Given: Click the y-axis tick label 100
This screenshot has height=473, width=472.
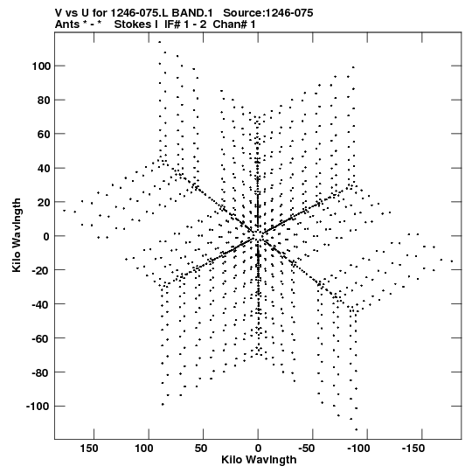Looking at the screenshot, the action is coord(41,66).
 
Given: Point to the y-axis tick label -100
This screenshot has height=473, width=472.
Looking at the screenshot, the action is coord(38,407).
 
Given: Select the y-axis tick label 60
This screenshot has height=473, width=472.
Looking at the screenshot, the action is coord(44,134).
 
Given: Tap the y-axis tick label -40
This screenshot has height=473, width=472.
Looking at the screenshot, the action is coord(41,304).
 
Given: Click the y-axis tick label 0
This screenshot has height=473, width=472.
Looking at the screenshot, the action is coord(46,236).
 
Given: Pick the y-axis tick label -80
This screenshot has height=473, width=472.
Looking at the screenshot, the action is coord(41,372).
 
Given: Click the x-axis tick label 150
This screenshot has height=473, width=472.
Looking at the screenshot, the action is coord(89,449).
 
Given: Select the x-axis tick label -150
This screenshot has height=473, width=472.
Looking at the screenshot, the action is coord(413,449).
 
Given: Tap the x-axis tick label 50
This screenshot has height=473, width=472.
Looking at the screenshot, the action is coord(201,449).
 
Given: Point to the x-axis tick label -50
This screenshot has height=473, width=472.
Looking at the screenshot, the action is coord(307,449).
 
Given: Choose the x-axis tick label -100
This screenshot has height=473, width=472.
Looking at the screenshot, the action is coord(358,449).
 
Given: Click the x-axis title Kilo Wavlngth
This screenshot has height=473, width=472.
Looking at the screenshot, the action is coord(259,460).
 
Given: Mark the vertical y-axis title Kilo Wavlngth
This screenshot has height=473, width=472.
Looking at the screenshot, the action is coord(17,235).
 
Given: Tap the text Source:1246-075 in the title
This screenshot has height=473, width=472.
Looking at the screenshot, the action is coord(268,13).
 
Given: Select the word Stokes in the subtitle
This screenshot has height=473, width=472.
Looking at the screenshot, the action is coord(134,24).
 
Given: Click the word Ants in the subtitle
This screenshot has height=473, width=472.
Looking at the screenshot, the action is coord(67,24).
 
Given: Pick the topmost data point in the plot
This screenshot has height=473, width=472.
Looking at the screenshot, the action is coord(160,42).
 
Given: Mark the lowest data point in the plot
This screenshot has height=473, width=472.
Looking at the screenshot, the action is coord(357,429).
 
